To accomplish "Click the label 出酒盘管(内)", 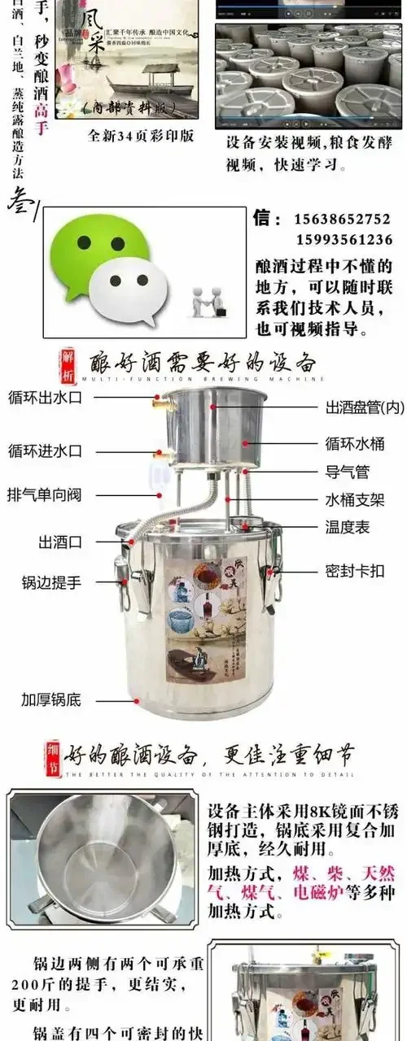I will pos(364,407).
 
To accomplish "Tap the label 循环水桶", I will pos(355,444).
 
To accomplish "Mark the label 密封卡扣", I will pos(355,571).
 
